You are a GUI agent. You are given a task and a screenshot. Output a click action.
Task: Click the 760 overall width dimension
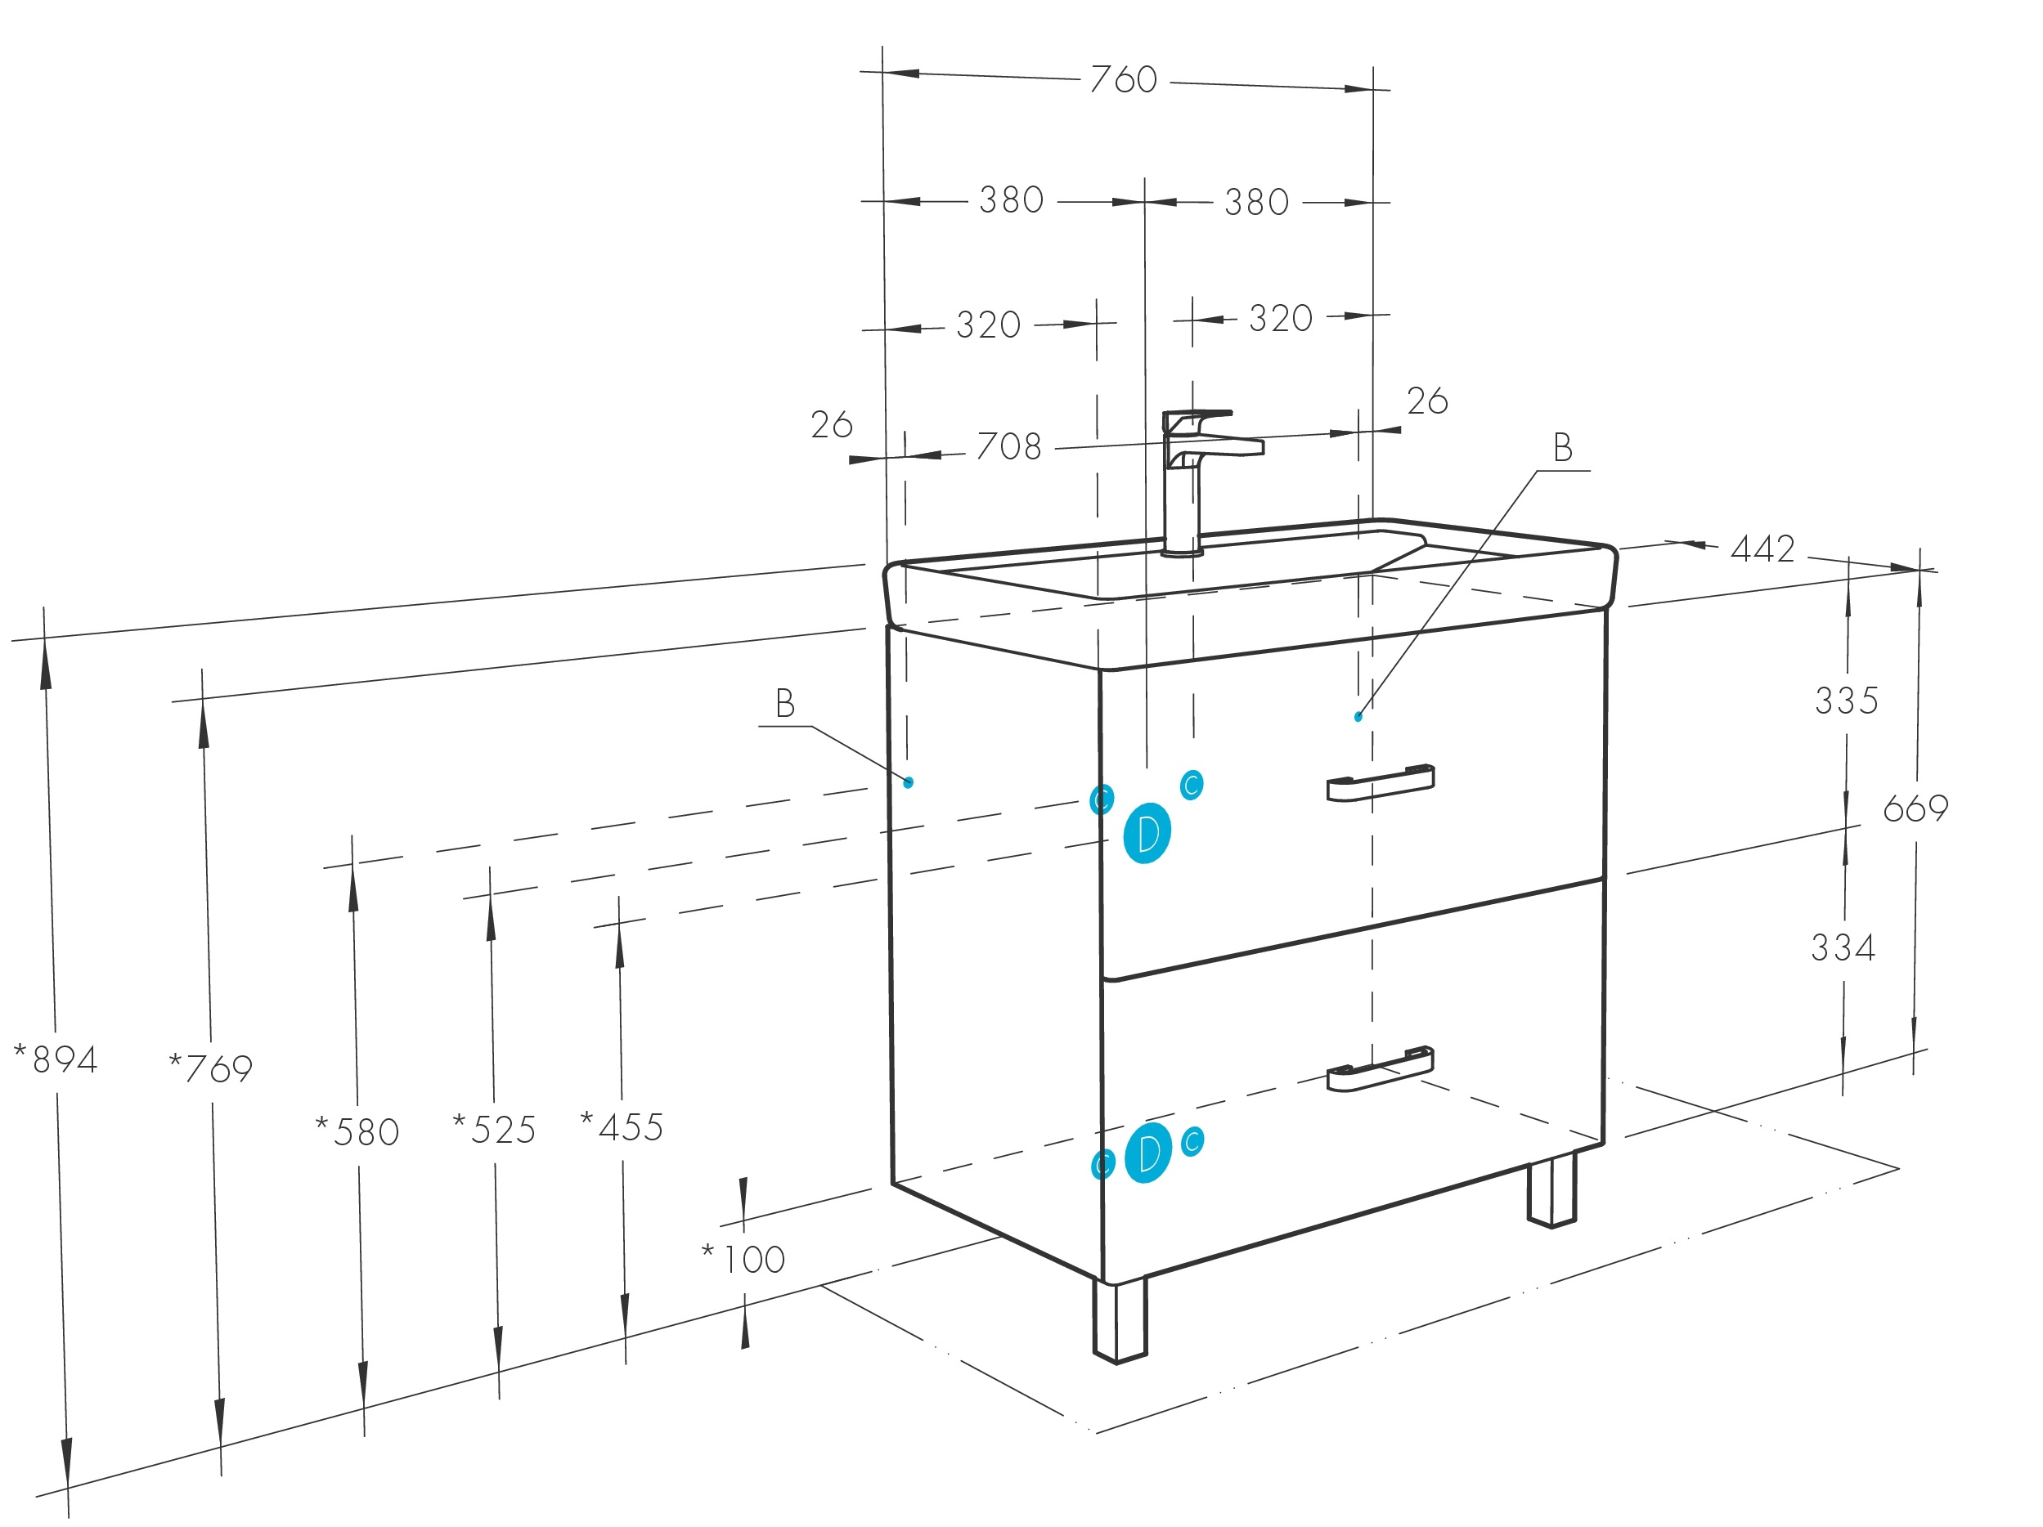pyautogui.click(x=1123, y=79)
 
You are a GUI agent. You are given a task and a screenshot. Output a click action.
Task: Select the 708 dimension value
pyautogui.click(x=1008, y=447)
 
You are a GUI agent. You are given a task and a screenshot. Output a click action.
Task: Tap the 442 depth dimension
pyautogui.click(x=1762, y=549)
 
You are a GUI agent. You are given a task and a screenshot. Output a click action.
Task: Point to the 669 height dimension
pyautogui.click(x=1915, y=808)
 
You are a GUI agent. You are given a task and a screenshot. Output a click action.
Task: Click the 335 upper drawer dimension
pyautogui.click(x=1846, y=701)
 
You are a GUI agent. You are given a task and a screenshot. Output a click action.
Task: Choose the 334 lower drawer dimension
pyautogui.click(x=1843, y=948)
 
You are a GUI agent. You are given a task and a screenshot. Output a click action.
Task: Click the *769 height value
pyautogui.click(x=212, y=1068)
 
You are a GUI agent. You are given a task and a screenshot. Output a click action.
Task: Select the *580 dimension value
pyautogui.click(x=358, y=1132)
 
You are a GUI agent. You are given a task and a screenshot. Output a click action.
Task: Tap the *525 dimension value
pyautogui.click(x=495, y=1130)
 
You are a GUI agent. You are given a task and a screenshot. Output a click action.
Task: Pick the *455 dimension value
pyautogui.click(x=622, y=1127)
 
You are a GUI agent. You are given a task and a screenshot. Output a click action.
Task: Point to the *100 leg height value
pyautogui.click(x=744, y=1259)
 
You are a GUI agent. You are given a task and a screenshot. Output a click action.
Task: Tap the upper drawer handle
pyautogui.click(x=1380, y=783)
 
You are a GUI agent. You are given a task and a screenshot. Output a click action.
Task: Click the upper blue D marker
pyautogui.click(x=1147, y=834)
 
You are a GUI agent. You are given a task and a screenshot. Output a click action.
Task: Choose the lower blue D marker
pyautogui.click(x=1148, y=1153)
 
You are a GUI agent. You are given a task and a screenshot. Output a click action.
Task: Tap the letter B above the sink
pyautogui.click(x=1563, y=448)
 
